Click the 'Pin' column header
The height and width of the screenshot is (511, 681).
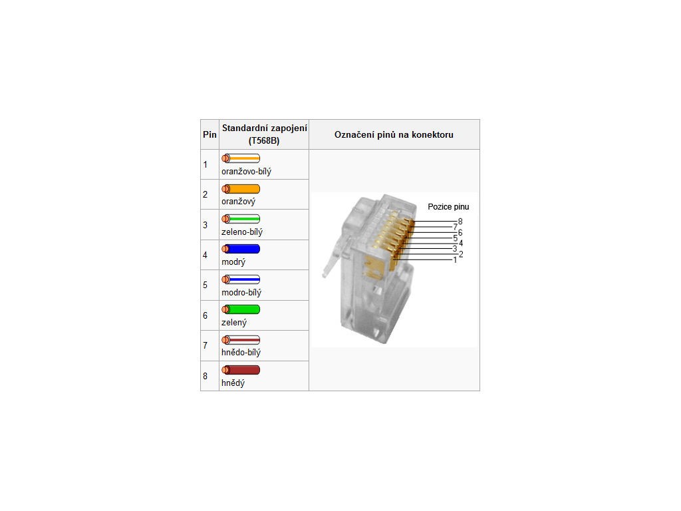(209, 134)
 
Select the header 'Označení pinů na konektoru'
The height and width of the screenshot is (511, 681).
(394, 134)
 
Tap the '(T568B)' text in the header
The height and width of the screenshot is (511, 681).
(264, 141)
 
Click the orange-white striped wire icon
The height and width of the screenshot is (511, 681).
(241, 158)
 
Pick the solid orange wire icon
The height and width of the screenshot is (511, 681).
(241, 188)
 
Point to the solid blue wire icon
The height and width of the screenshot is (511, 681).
(241, 249)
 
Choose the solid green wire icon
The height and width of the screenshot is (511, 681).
(241, 309)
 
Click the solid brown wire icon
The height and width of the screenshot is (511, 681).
(241, 370)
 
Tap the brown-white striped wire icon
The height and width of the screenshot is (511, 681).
(241, 340)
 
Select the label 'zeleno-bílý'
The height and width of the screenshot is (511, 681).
(242, 232)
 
